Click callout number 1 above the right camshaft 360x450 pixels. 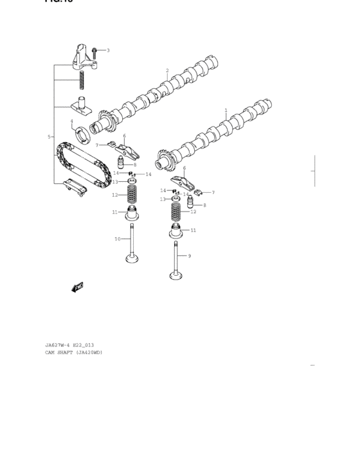(226, 111)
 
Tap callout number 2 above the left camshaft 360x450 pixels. (167, 71)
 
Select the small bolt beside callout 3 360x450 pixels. (94, 50)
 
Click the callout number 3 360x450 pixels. (108, 50)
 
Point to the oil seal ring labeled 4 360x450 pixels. (82, 134)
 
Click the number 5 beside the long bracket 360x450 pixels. (49, 137)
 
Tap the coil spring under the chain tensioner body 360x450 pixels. (82, 80)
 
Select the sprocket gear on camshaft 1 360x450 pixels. (163, 158)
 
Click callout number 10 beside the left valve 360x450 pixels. (118, 239)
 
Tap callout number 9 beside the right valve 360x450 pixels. (189, 256)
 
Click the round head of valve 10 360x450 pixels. (134, 259)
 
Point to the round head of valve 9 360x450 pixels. (175, 276)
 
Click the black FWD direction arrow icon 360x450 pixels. (78, 287)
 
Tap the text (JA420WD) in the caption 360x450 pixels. (89, 353)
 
